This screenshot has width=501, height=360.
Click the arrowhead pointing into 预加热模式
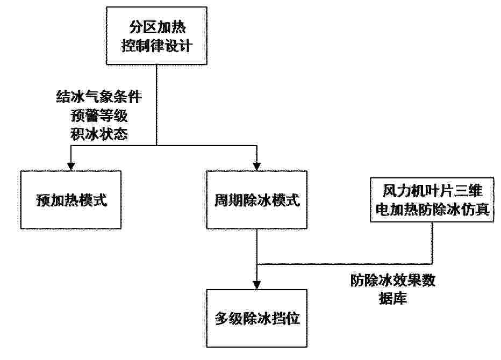71,167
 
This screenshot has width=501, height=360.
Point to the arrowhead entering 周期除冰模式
257,167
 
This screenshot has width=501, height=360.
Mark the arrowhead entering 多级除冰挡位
257,285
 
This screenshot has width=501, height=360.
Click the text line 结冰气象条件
99,97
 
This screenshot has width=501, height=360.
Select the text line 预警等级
99,116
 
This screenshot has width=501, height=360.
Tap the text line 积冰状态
99,134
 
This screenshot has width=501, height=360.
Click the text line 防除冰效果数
393,280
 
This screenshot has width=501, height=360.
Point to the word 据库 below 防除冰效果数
393,299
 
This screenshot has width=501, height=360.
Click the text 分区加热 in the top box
157,27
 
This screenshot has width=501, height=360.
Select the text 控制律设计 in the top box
157,45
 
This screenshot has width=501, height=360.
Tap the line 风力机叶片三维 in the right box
432,191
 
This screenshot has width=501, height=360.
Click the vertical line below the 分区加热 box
156,105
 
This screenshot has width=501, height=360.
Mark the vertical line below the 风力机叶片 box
432,243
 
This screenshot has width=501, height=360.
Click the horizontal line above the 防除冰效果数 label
345,264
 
